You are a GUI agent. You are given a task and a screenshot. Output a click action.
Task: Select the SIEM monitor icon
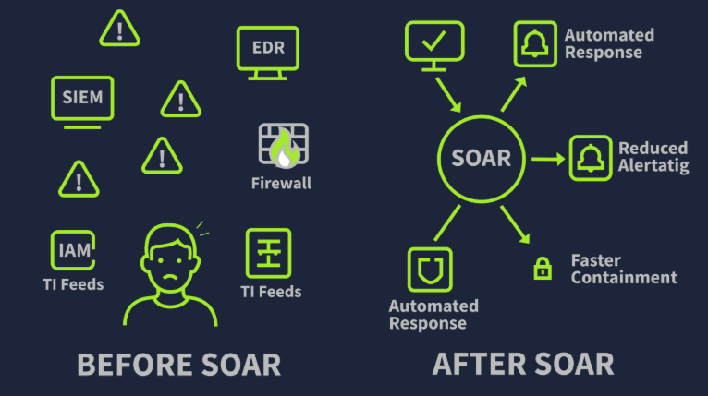83,98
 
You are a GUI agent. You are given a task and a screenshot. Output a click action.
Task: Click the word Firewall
281,183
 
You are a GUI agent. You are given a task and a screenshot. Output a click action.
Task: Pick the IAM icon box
73,249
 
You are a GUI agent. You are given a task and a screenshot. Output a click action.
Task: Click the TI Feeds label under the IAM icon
73,283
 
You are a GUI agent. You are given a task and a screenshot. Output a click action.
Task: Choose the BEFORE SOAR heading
178,364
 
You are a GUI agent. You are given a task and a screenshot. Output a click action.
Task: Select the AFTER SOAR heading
522,364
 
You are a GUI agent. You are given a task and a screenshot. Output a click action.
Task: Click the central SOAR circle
481,158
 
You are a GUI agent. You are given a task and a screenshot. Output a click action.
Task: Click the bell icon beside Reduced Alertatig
591,158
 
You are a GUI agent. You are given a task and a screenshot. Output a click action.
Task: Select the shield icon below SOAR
429,270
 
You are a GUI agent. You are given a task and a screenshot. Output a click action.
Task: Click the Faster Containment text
623,269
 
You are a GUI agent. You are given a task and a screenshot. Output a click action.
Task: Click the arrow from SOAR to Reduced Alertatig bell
547,159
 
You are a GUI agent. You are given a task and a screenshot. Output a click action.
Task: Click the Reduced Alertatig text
653,157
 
